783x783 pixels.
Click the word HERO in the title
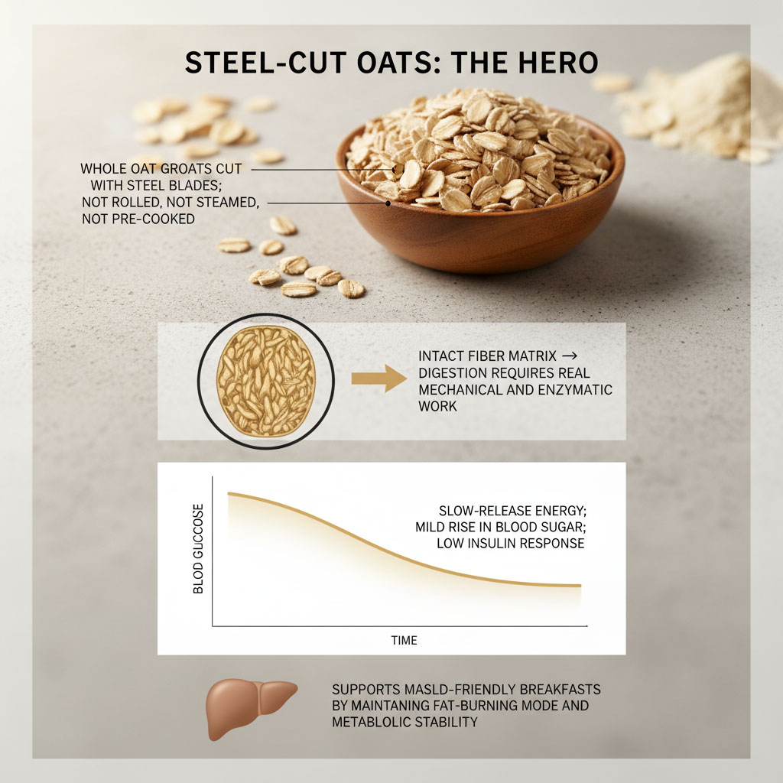[x=557, y=63]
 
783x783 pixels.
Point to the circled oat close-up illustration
[x=265, y=380]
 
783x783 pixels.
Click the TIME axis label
[x=404, y=640]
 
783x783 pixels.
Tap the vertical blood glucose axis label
[x=199, y=548]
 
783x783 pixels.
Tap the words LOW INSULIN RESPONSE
[x=510, y=544]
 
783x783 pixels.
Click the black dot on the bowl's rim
[x=389, y=203]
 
